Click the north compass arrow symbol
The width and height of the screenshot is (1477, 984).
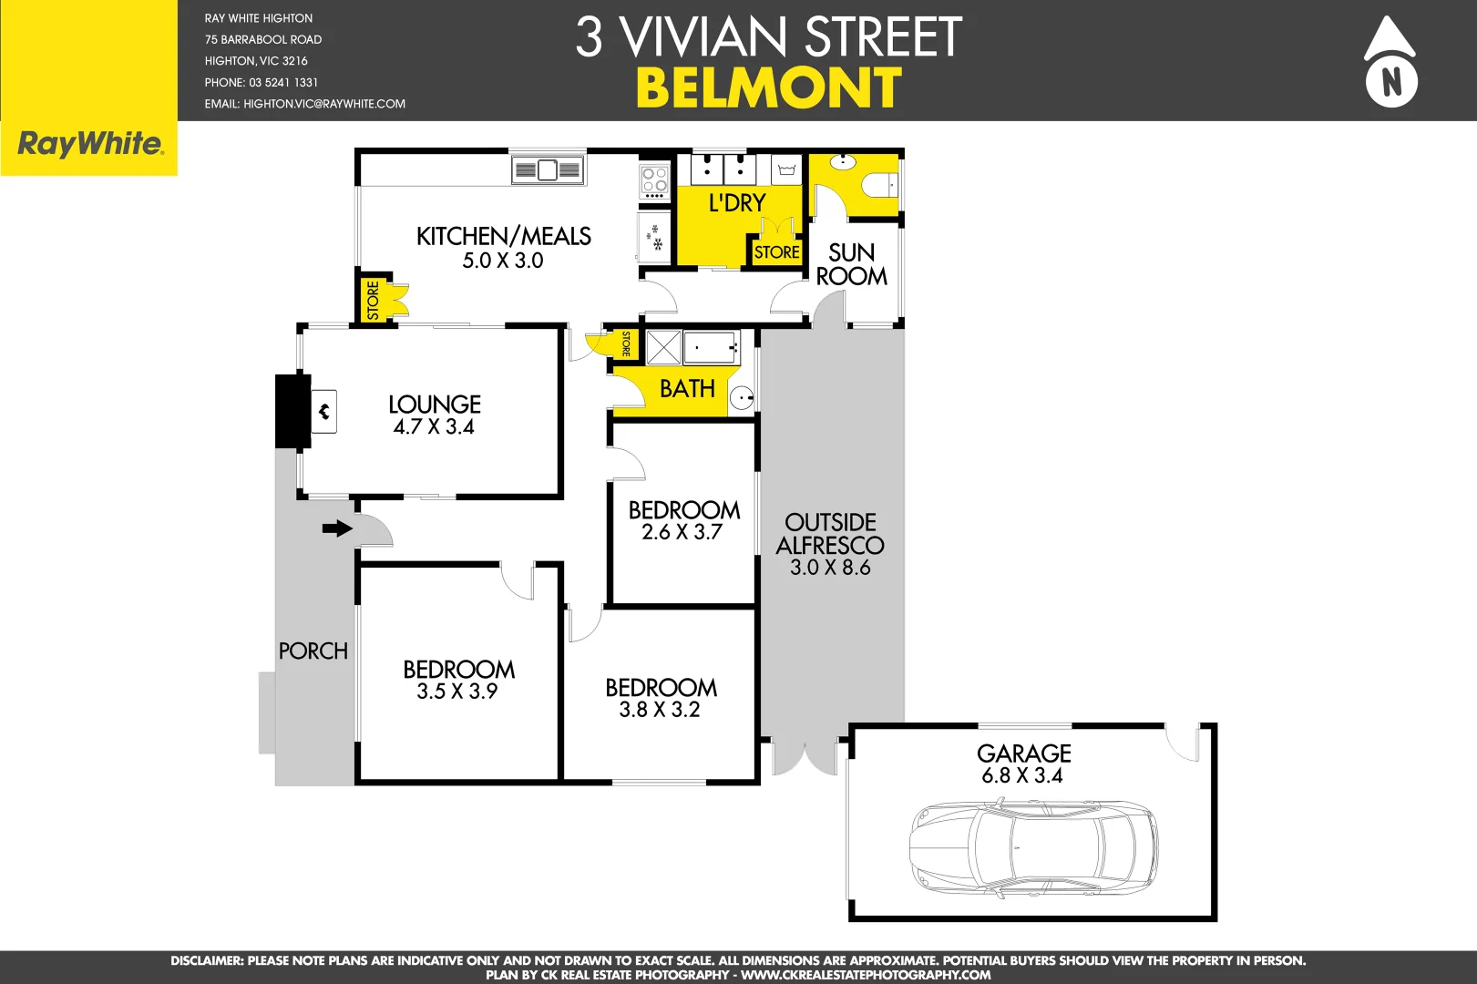click(1390, 62)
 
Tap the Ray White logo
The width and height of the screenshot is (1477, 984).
click(90, 144)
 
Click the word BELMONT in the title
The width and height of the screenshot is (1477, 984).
click(768, 88)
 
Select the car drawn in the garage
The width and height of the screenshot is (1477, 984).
click(1033, 847)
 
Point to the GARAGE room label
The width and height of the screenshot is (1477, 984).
click(1023, 753)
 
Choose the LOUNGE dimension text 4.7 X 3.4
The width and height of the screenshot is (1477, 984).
click(434, 426)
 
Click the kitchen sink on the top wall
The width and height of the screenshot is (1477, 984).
click(547, 169)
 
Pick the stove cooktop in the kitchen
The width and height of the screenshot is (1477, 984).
click(654, 181)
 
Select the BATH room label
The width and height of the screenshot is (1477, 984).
click(687, 389)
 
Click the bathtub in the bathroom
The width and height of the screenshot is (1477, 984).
click(710, 347)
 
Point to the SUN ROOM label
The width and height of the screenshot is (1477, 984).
click(851, 264)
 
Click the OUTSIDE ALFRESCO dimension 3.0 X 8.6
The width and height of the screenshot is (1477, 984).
click(830, 568)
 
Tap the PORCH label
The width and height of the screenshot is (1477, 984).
click(313, 651)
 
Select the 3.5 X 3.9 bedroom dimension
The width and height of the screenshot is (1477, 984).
click(457, 692)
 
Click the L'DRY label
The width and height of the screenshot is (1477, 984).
click(737, 203)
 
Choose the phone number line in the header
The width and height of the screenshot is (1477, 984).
click(262, 82)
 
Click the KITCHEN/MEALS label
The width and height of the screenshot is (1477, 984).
click(503, 237)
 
